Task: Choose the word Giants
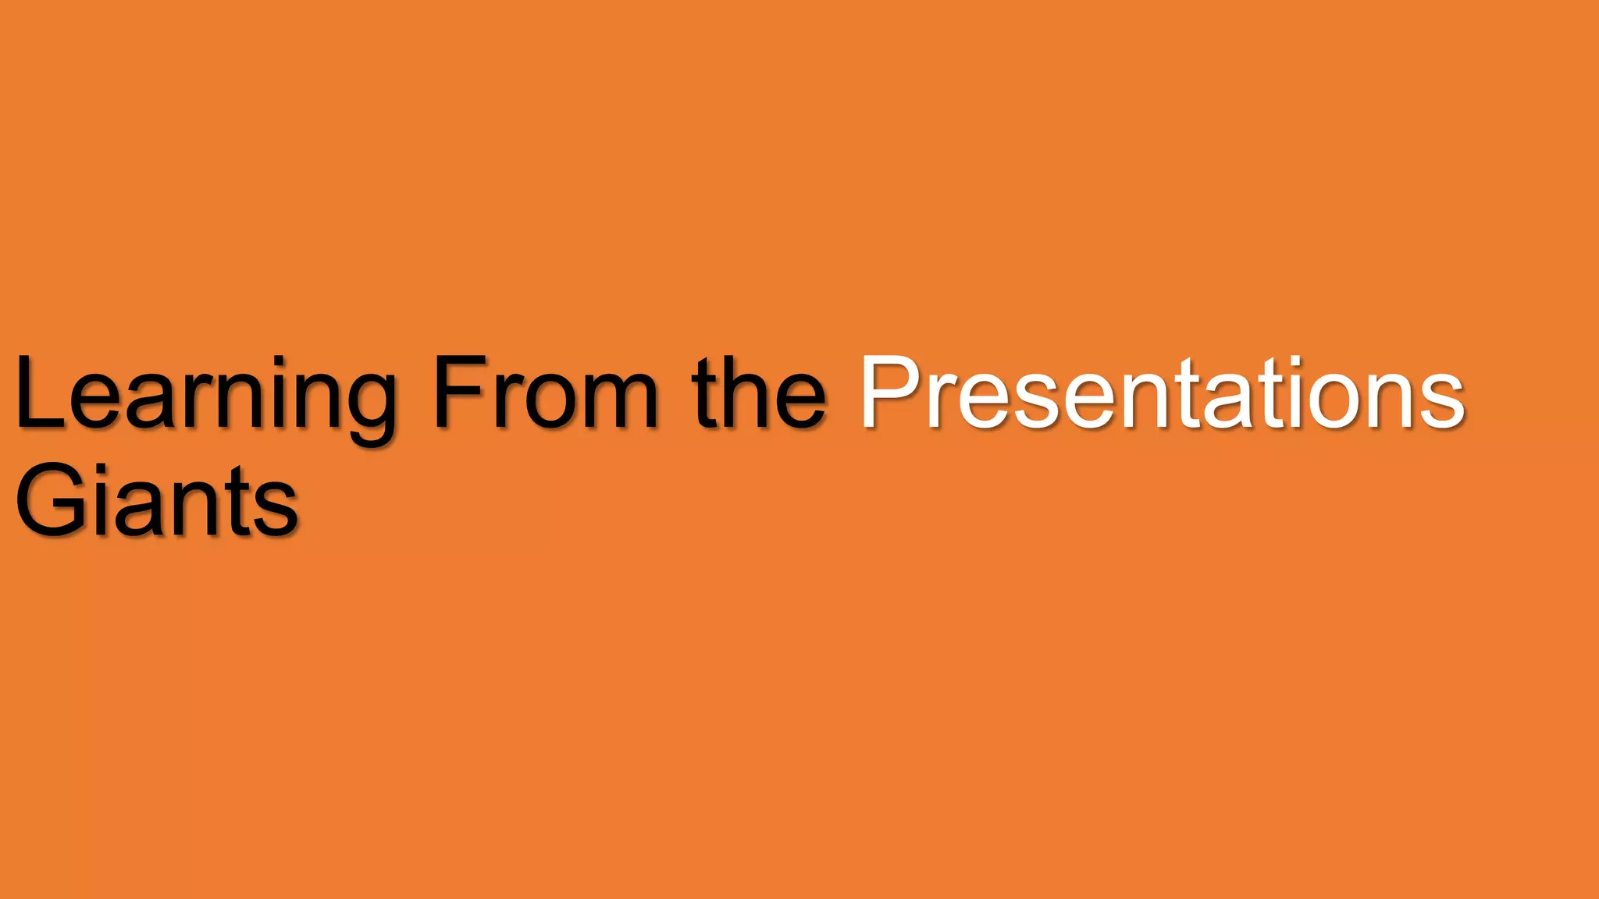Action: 156,499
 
